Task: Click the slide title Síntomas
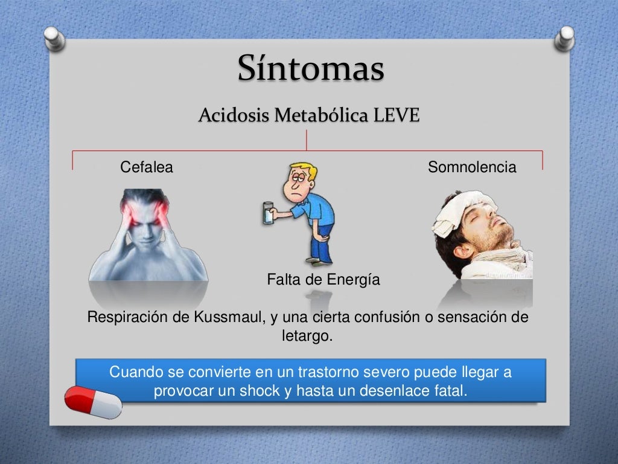click(310, 68)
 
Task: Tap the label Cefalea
click(147, 167)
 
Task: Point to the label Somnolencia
click(472, 167)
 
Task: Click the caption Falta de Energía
click(323, 280)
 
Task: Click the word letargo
click(307, 335)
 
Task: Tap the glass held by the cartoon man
click(267, 213)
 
